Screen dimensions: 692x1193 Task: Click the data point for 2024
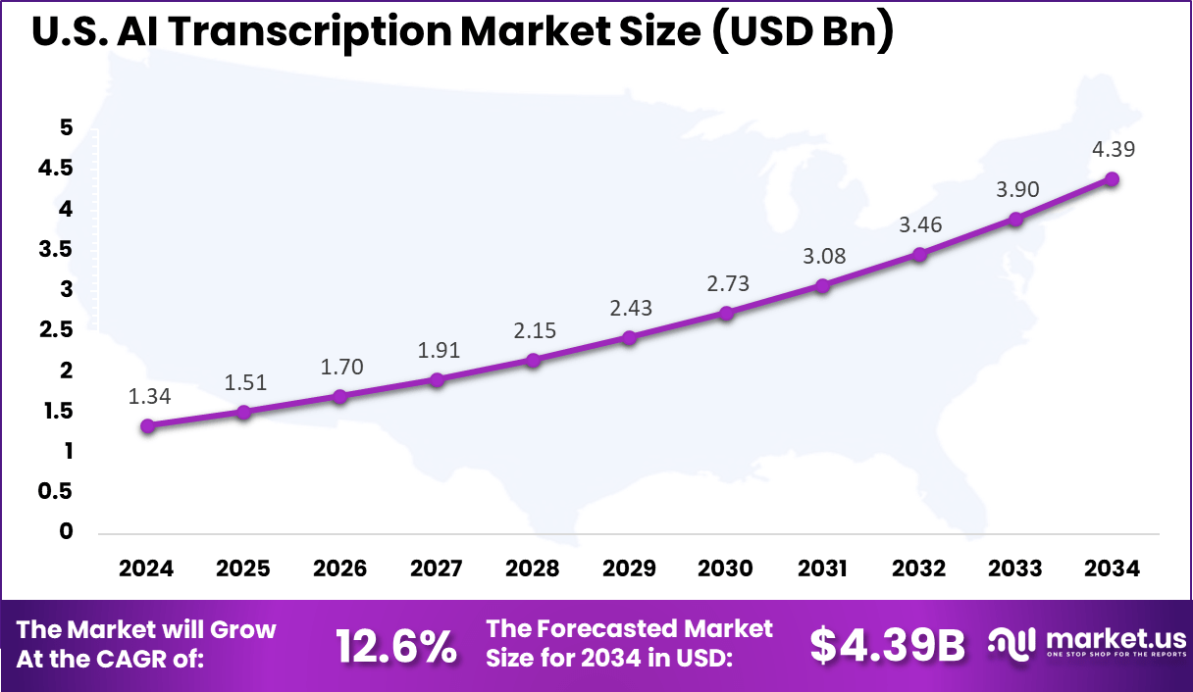(147, 425)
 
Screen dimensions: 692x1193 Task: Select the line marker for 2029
(630, 337)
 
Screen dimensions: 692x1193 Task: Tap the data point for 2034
(1112, 179)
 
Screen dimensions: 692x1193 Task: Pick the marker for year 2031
(822, 285)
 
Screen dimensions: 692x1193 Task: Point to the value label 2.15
(534, 330)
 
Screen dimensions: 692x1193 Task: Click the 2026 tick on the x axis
(339, 568)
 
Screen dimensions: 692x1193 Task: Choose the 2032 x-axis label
(919, 568)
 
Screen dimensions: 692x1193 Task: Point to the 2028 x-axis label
(533, 568)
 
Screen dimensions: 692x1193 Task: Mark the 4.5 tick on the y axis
(55, 169)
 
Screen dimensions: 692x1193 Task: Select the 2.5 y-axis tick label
(55, 330)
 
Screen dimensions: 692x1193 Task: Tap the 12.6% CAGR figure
(395, 646)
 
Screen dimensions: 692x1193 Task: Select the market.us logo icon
(1011, 642)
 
